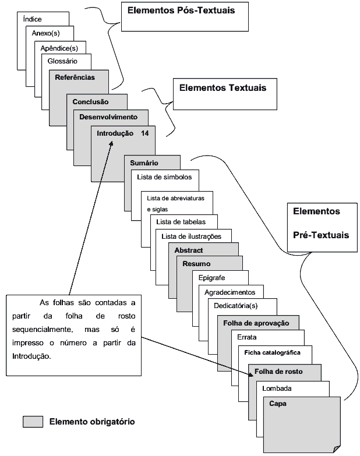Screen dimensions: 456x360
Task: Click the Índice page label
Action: point(32,19)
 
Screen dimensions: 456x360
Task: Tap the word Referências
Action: point(75,77)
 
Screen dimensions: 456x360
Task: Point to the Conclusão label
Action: point(90,102)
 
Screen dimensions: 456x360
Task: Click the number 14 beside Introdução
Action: point(145,133)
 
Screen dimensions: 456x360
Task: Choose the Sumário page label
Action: point(144,163)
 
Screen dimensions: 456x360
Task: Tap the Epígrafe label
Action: point(211,278)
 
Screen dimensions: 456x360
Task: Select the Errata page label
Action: point(248,337)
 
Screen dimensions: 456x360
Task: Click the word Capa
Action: point(278,403)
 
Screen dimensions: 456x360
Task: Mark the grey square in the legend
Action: point(33,421)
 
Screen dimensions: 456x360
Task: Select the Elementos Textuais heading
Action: point(223,88)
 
